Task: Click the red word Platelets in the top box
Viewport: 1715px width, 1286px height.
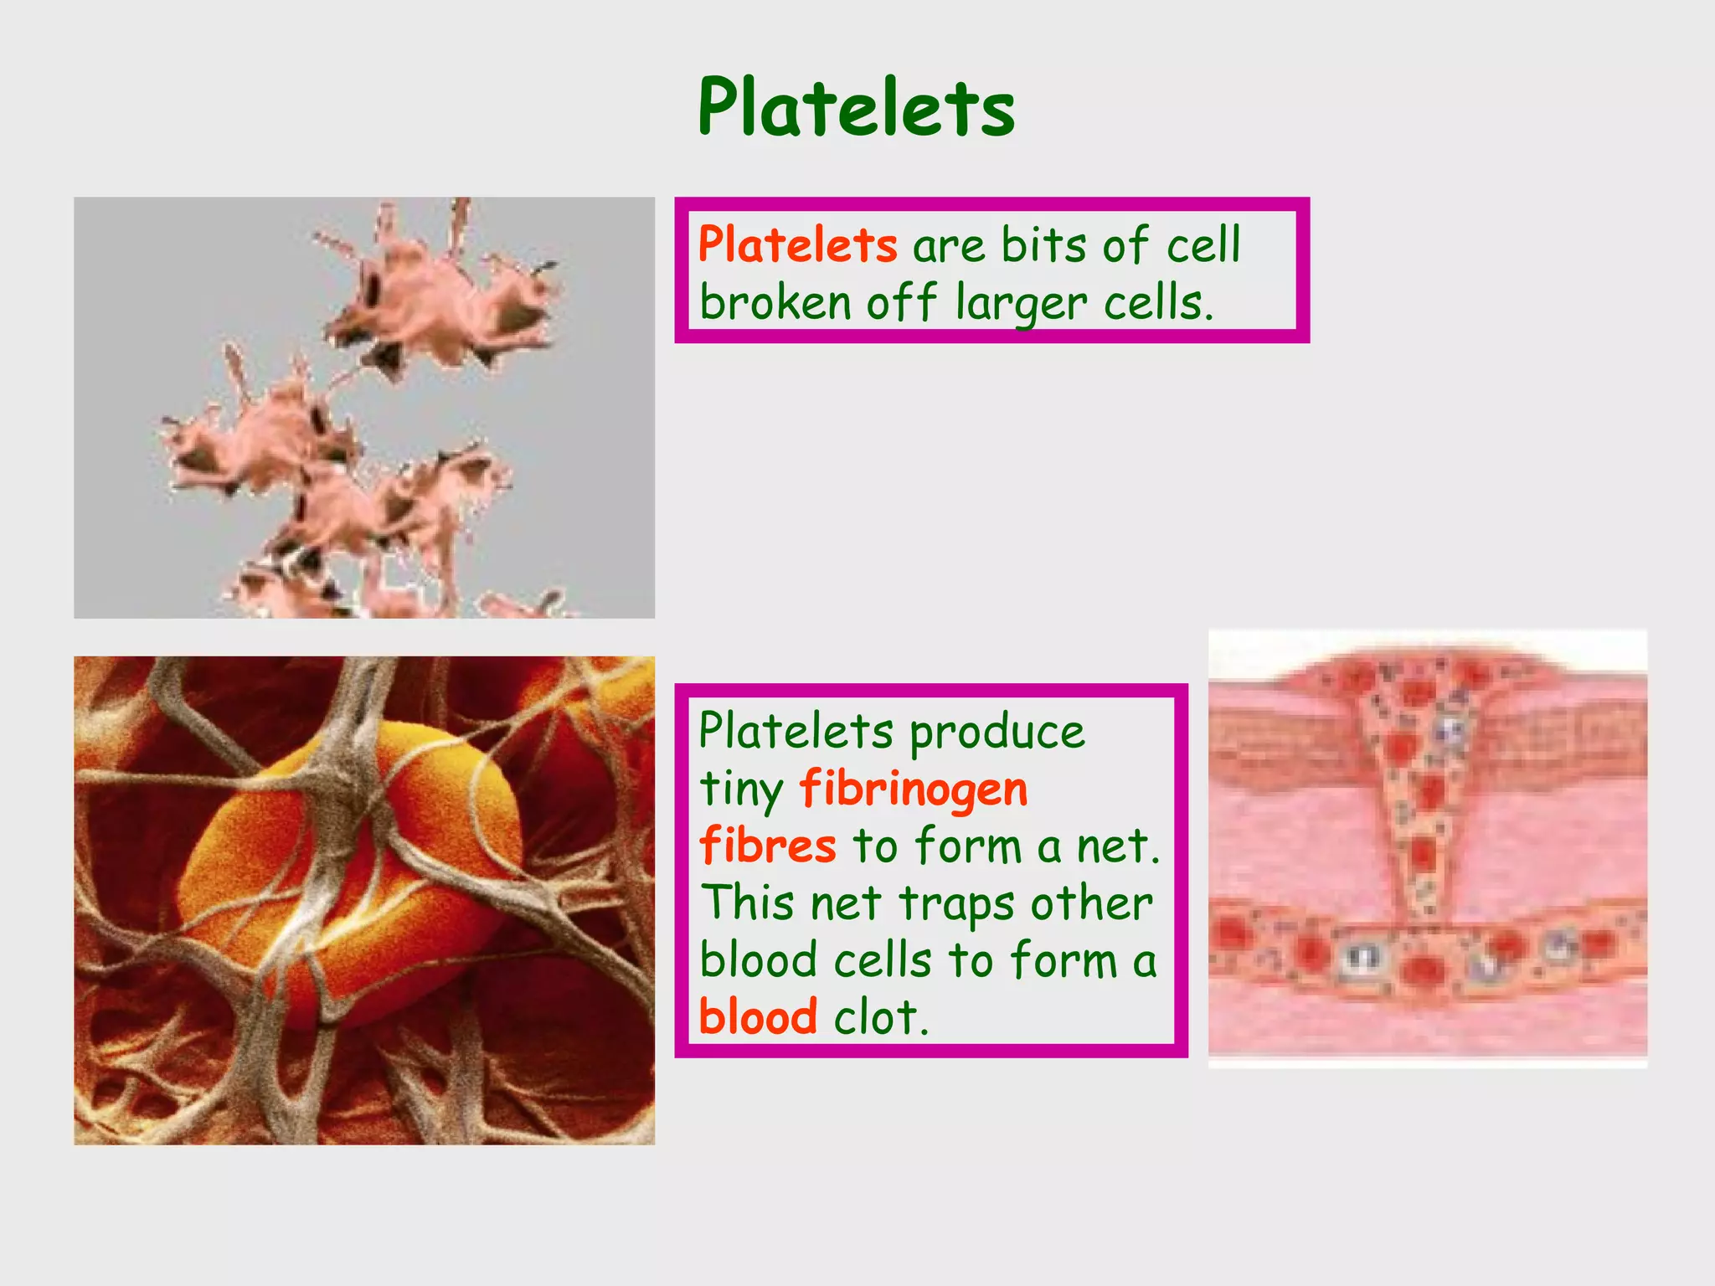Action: point(797,245)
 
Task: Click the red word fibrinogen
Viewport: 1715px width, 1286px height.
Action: point(914,790)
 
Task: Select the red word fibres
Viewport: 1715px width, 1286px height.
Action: point(767,845)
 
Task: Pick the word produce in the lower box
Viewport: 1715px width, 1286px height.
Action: point(997,733)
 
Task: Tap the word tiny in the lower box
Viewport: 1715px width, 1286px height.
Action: point(741,790)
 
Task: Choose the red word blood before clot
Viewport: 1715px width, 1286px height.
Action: point(758,1016)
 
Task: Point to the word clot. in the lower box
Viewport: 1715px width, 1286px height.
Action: point(881,1016)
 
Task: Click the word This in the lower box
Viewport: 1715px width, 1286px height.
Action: point(747,903)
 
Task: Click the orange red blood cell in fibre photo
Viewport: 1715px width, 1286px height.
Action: point(352,846)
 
